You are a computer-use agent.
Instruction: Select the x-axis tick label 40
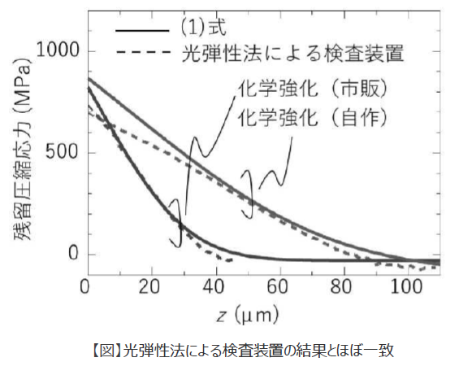(214, 286)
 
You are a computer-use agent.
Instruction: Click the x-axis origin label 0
(85, 286)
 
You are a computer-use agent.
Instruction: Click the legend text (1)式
(201, 29)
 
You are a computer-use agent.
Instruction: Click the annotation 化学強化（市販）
(314, 87)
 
